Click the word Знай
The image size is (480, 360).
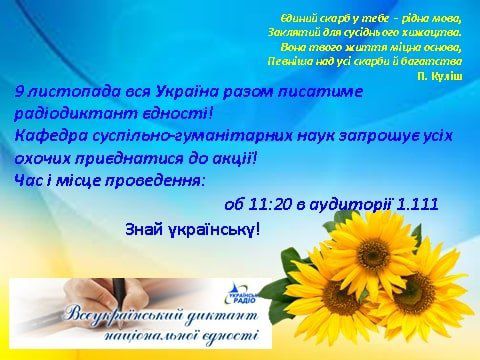(x=146, y=229)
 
